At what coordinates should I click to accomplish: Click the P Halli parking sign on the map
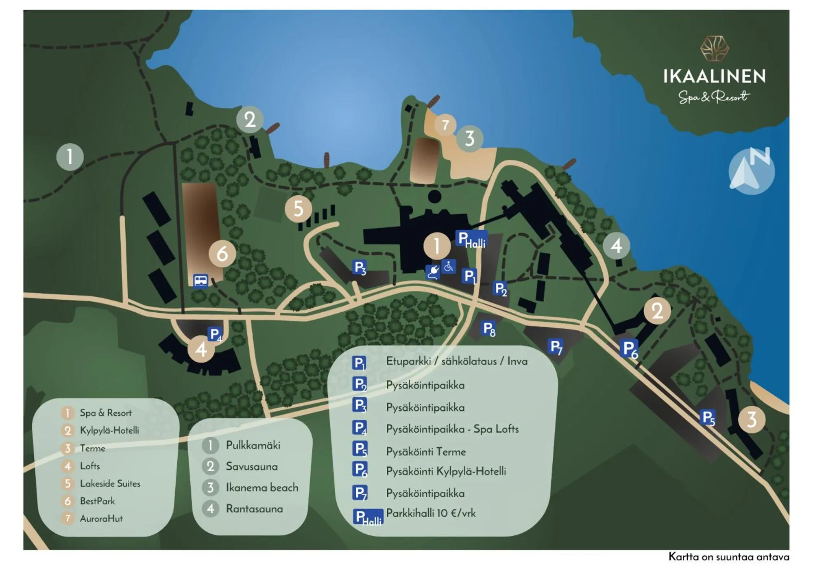click(x=471, y=239)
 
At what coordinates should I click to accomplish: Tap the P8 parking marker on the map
click(x=488, y=329)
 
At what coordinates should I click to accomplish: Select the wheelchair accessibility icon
click(x=448, y=267)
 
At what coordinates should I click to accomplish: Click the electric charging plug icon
click(x=433, y=272)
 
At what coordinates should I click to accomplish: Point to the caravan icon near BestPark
click(x=201, y=280)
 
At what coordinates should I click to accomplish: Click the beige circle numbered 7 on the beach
click(x=445, y=124)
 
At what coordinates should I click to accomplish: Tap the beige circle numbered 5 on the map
click(x=298, y=209)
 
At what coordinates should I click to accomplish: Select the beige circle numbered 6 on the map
click(x=222, y=254)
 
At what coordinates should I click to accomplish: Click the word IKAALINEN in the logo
click(x=714, y=76)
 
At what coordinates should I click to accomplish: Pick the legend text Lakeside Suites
click(x=110, y=484)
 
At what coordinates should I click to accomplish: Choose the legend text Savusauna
click(x=251, y=466)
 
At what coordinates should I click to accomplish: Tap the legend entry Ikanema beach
click(x=262, y=488)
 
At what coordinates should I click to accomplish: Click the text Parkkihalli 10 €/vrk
click(x=431, y=513)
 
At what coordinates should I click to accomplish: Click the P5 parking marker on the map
click(x=708, y=418)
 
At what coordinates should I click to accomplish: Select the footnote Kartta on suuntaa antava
click(x=728, y=557)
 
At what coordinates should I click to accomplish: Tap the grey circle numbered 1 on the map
click(x=70, y=157)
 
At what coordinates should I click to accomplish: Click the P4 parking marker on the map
click(x=215, y=334)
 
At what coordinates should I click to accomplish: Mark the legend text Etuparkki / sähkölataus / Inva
click(x=456, y=361)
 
